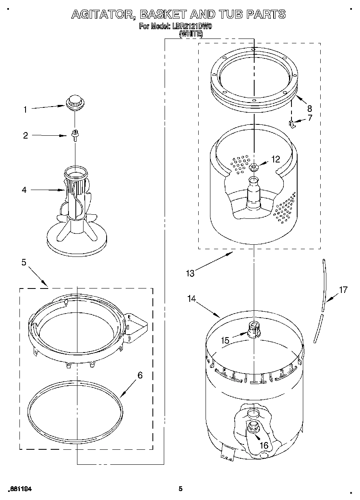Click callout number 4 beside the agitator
24,190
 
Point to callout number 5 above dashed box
24,263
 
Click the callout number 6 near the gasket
140,375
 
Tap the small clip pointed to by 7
291,124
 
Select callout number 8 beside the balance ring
309,108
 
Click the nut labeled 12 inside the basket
254,167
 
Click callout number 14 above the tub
192,299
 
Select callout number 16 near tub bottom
264,445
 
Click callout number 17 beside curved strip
343,290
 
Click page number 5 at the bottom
181,489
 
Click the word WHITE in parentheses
191,34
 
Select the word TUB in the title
232,15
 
